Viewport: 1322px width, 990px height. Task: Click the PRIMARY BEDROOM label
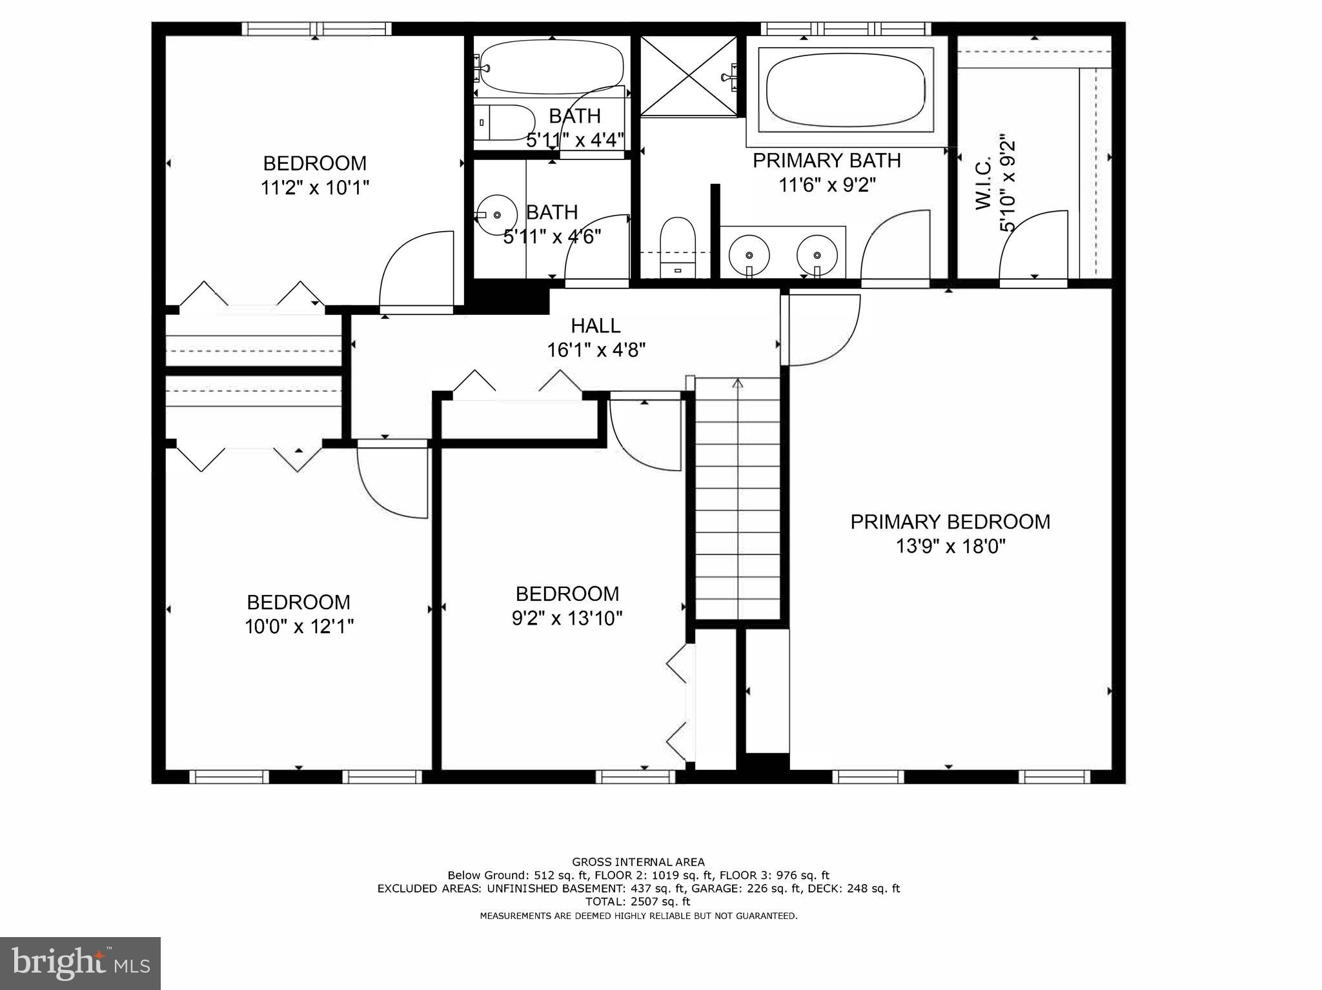(950, 521)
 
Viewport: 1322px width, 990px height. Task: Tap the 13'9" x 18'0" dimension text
(950, 547)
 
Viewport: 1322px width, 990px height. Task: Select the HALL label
(595, 325)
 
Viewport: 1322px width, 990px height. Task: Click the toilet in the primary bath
(677, 245)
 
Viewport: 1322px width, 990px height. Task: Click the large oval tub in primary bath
(846, 89)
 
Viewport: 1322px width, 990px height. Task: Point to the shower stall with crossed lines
(689, 76)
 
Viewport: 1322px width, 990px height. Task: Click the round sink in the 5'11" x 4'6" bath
(496, 214)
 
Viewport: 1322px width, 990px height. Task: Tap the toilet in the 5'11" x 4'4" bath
(507, 122)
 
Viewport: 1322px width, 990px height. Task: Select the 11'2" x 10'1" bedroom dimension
(314, 188)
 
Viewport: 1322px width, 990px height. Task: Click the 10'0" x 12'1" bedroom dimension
(299, 626)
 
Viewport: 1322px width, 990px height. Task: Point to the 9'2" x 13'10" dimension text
(567, 618)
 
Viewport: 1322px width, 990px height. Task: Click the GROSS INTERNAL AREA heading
(638, 862)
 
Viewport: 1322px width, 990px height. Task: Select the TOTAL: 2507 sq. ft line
(638, 902)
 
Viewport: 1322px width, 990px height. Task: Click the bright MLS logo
(80, 964)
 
